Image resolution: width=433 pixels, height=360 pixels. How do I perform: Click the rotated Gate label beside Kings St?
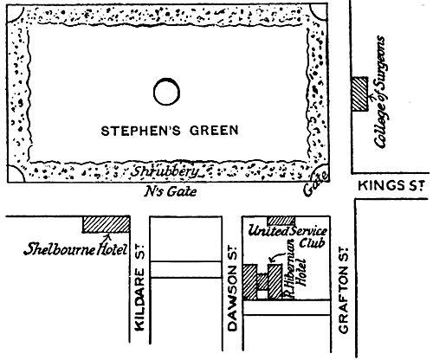(312, 185)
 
